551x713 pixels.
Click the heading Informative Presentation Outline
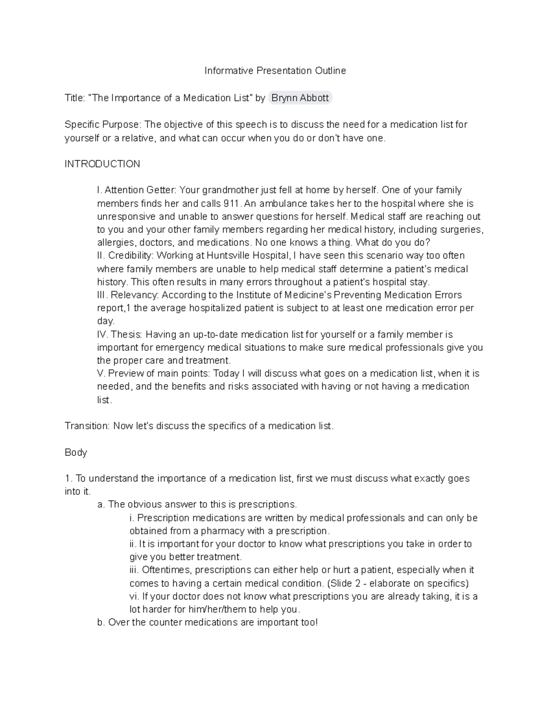[x=275, y=71]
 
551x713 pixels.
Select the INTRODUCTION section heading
[x=102, y=164]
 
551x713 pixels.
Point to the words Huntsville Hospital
[x=248, y=255]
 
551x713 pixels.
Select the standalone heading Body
[x=76, y=452]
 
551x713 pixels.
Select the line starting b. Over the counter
[x=208, y=623]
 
